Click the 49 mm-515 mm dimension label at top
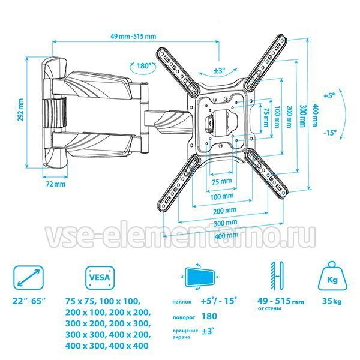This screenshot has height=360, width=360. point(133,36)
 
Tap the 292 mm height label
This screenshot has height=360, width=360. point(20,112)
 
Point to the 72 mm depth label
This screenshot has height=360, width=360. point(55,184)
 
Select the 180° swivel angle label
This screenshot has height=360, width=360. point(143,66)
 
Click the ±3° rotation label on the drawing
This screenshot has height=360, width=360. point(219,71)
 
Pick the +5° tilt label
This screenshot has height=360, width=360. point(329,95)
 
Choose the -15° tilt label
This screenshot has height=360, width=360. point(330,133)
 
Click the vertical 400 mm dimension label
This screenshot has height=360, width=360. point(316,115)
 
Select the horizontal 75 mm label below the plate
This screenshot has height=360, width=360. point(221,181)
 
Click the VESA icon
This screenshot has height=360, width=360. point(100,278)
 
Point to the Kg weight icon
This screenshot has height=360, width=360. point(332,276)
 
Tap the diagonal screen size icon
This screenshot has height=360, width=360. point(29,277)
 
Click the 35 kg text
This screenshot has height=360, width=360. point(332,301)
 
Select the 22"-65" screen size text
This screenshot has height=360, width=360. point(29,301)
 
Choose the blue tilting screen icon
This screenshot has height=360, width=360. point(200,277)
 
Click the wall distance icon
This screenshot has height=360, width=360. point(277,276)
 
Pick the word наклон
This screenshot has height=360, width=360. point(182,302)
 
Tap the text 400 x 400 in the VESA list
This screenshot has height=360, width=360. point(129,346)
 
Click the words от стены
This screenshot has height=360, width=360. point(269,308)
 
